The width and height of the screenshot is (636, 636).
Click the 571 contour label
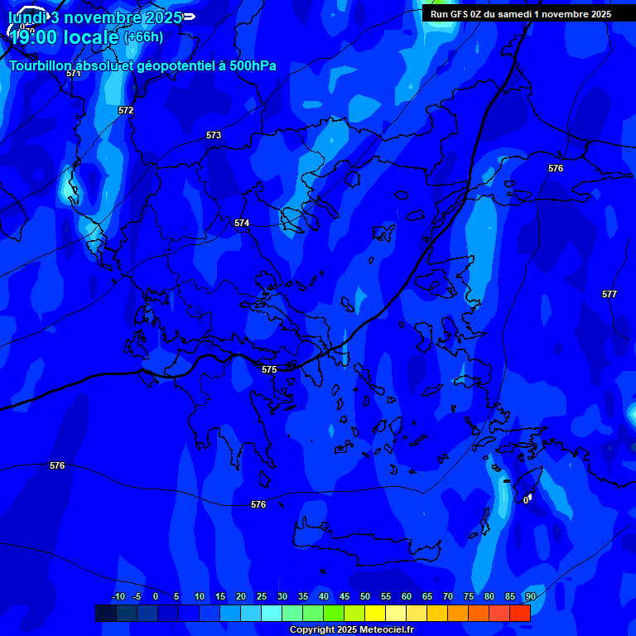coord(74,73)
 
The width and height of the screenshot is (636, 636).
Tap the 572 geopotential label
coord(126,110)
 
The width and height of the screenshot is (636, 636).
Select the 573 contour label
coord(214,135)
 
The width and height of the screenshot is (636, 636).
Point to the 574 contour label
coord(242,223)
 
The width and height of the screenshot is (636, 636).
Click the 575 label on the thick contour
coord(269,369)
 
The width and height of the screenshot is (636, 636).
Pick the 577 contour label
coord(609,294)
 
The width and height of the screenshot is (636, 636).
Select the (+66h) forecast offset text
coord(143,36)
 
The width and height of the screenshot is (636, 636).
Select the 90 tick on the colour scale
coord(530,596)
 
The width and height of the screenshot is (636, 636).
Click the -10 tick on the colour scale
coord(118,596)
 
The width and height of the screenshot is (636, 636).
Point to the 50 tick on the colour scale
coord(365,596)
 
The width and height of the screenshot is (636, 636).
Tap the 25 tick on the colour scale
coord(262,596)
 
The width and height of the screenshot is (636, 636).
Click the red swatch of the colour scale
coord(520,613)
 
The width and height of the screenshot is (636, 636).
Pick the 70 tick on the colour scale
coord(448,596)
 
